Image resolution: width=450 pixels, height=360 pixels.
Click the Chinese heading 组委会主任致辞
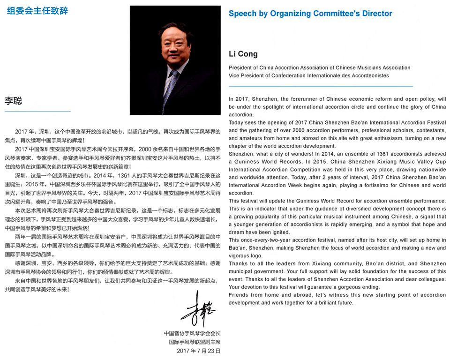37,11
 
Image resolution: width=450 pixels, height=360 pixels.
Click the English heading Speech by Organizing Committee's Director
310,14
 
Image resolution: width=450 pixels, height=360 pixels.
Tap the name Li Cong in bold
243,54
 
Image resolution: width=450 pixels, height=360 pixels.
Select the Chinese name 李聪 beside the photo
14,101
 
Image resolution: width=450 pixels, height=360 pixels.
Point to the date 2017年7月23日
199,351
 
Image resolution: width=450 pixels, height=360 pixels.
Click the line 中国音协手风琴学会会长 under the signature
192,333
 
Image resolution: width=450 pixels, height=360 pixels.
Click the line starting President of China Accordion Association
319,67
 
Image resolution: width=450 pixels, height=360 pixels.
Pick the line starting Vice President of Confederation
308,75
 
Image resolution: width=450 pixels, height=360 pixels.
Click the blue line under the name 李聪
37,112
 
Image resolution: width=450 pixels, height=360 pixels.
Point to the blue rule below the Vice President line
321,86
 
